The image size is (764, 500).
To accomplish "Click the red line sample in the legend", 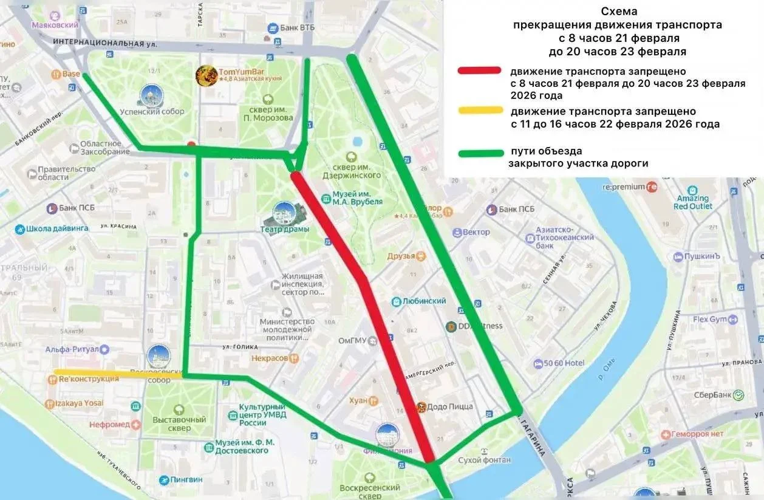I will click(479, 70).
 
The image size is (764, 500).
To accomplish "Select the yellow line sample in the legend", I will click(480, 111).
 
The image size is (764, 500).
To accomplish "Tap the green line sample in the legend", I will click(480, 152).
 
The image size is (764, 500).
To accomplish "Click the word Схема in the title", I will click(618, 11).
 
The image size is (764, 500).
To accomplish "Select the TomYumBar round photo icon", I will click(206, 75).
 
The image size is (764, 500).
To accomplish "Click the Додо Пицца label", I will click(449, 407).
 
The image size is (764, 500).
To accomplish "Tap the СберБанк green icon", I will click(738, 395).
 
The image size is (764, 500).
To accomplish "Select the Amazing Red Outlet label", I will click(693, 202).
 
